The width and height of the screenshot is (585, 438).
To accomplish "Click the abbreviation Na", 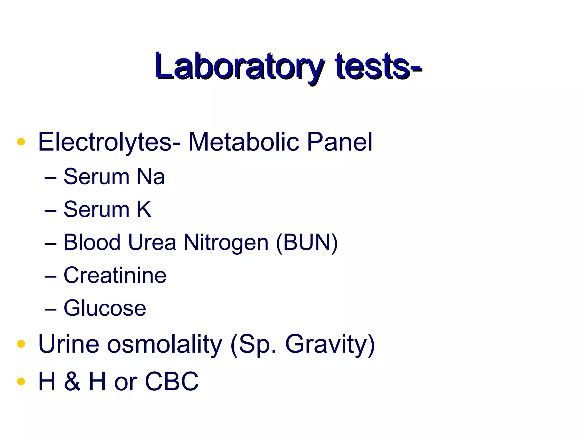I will tap(151, 177).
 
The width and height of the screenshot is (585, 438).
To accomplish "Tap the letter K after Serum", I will tap(144, 209).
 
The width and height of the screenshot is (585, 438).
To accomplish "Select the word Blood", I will tap(92, 242).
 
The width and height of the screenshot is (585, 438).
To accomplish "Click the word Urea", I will tap(152, 242).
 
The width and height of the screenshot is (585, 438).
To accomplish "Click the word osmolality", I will tap(165, 344).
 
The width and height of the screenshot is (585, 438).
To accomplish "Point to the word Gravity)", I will tap(330, 344).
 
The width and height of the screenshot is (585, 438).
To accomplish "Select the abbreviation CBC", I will tap(171, 381).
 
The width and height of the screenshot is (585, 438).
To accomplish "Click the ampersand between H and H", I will tap(72, 381).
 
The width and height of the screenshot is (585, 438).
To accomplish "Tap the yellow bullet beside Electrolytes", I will tap(21, 142).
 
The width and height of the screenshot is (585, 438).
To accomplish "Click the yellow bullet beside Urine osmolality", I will tap(21, 344).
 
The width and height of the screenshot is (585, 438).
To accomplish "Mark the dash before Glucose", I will tap(50, 309).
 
